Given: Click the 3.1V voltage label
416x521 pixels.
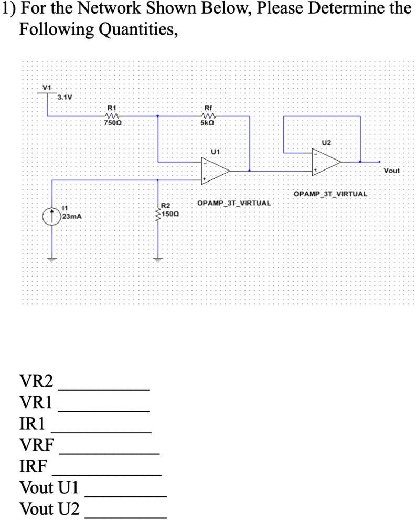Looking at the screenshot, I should coord(65,97).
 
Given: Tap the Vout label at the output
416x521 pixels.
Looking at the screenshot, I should coord(391,171).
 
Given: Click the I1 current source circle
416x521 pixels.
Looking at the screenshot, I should coord(51,215).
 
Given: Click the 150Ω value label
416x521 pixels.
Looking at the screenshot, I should coord(171,215).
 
